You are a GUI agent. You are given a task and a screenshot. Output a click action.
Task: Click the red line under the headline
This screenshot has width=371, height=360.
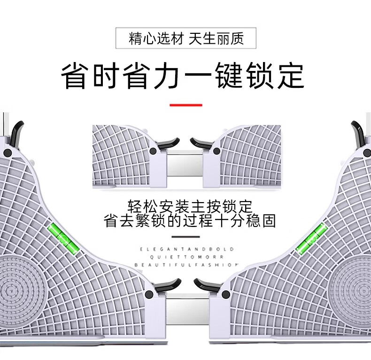coord(185,105)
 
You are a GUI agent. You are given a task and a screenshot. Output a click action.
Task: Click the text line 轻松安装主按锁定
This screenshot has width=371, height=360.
coord(190,206)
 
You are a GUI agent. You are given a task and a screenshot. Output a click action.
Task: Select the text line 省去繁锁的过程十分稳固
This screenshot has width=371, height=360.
coord(190,220)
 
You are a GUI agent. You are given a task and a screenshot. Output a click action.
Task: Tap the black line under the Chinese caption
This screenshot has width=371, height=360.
coord(186,237)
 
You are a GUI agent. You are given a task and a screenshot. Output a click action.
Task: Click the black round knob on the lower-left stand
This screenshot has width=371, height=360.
coord(149,295)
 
